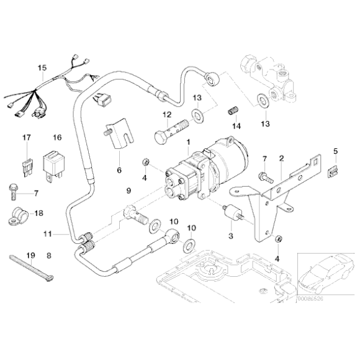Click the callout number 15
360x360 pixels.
42,68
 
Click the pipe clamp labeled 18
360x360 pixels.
18,215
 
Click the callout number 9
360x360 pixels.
129,190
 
